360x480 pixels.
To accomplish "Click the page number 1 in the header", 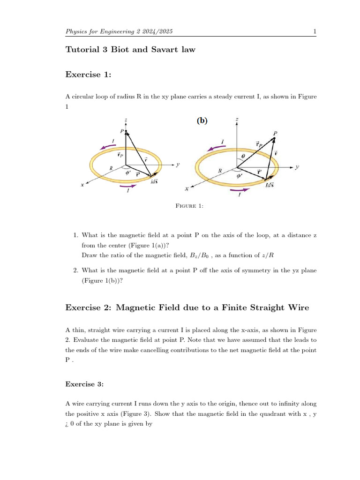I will (315, 31).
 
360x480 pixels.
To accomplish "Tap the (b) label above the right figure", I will (202, 120).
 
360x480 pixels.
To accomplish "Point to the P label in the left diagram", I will (122, 132).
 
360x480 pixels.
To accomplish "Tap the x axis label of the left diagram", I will (82, 185).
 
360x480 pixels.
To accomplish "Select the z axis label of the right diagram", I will (237, 120).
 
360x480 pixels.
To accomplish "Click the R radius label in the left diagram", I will (111, 167).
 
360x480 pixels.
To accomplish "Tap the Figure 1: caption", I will (189, 206).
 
